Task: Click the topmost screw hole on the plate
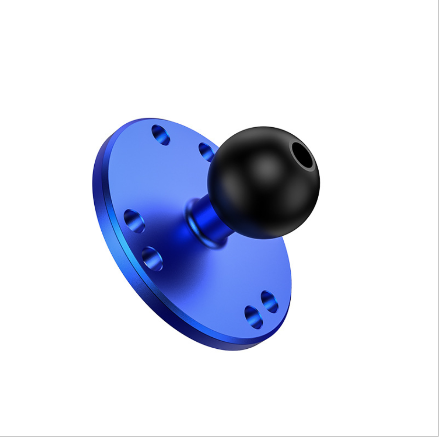161,135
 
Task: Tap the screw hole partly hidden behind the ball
206,152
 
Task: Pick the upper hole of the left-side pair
134,221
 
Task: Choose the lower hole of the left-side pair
152,258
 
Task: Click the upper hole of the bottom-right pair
269,302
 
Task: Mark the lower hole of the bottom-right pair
254,317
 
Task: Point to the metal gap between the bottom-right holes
261,309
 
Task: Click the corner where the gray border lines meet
438,436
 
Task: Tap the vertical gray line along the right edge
438,214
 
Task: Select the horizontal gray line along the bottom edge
218,436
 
